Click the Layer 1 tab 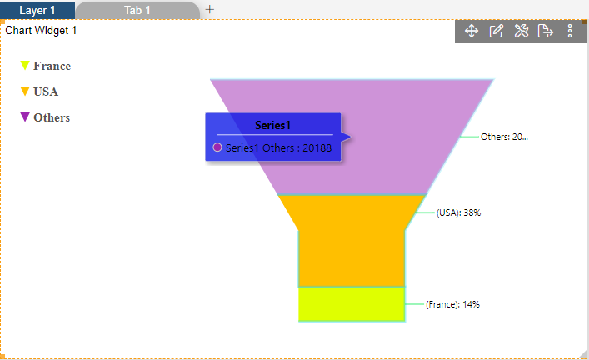coord(37,10)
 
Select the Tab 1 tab coord(137,10)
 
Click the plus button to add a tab coord(210,9)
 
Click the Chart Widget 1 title coord(41,31)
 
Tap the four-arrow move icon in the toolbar coord(472,31)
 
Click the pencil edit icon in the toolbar coord(496,31)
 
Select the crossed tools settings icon coord(522,31)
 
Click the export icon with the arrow coord(546,31)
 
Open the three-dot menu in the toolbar coord(570,31)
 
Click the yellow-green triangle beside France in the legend coord(25,65)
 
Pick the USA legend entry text coord(46,92)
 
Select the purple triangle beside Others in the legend coord(25,117)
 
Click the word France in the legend coord(52,66)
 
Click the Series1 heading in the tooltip coord(273,125)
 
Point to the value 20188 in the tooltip coord(317,148)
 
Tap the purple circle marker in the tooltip coord(217,147)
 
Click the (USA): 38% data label coord(458,212)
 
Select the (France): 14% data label coord(452,304)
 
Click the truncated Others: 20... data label coord(504,137)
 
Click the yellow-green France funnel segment coord(352,304)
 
